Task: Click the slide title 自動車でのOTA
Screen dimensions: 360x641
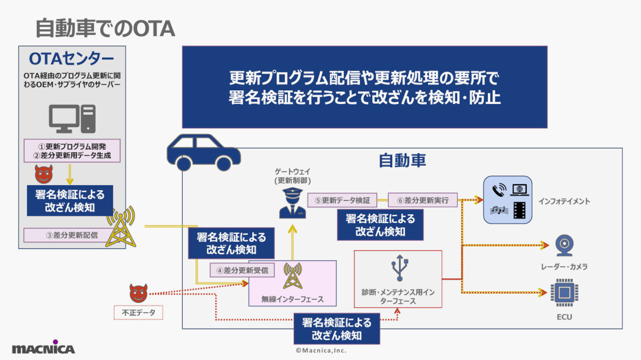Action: coord(105,29)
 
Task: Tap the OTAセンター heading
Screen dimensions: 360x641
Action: coord(72,58)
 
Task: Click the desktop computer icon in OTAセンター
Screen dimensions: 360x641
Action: coord(72,119)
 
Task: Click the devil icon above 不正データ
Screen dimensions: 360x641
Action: coord(138,293)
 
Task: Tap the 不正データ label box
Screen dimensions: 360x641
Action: coord(138,312)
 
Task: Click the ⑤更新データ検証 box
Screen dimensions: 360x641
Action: coord(342,200)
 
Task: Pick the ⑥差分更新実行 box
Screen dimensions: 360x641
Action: coord(423,200)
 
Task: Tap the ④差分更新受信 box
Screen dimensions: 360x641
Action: coord(242,270)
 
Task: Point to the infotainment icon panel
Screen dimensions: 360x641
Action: coord(507,199)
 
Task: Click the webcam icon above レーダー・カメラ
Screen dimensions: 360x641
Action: coord(563,246)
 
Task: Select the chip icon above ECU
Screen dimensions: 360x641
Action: coord(564,293)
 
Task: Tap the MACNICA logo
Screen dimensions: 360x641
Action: coord(43,348)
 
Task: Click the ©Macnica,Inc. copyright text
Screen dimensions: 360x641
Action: coord(321,350)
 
